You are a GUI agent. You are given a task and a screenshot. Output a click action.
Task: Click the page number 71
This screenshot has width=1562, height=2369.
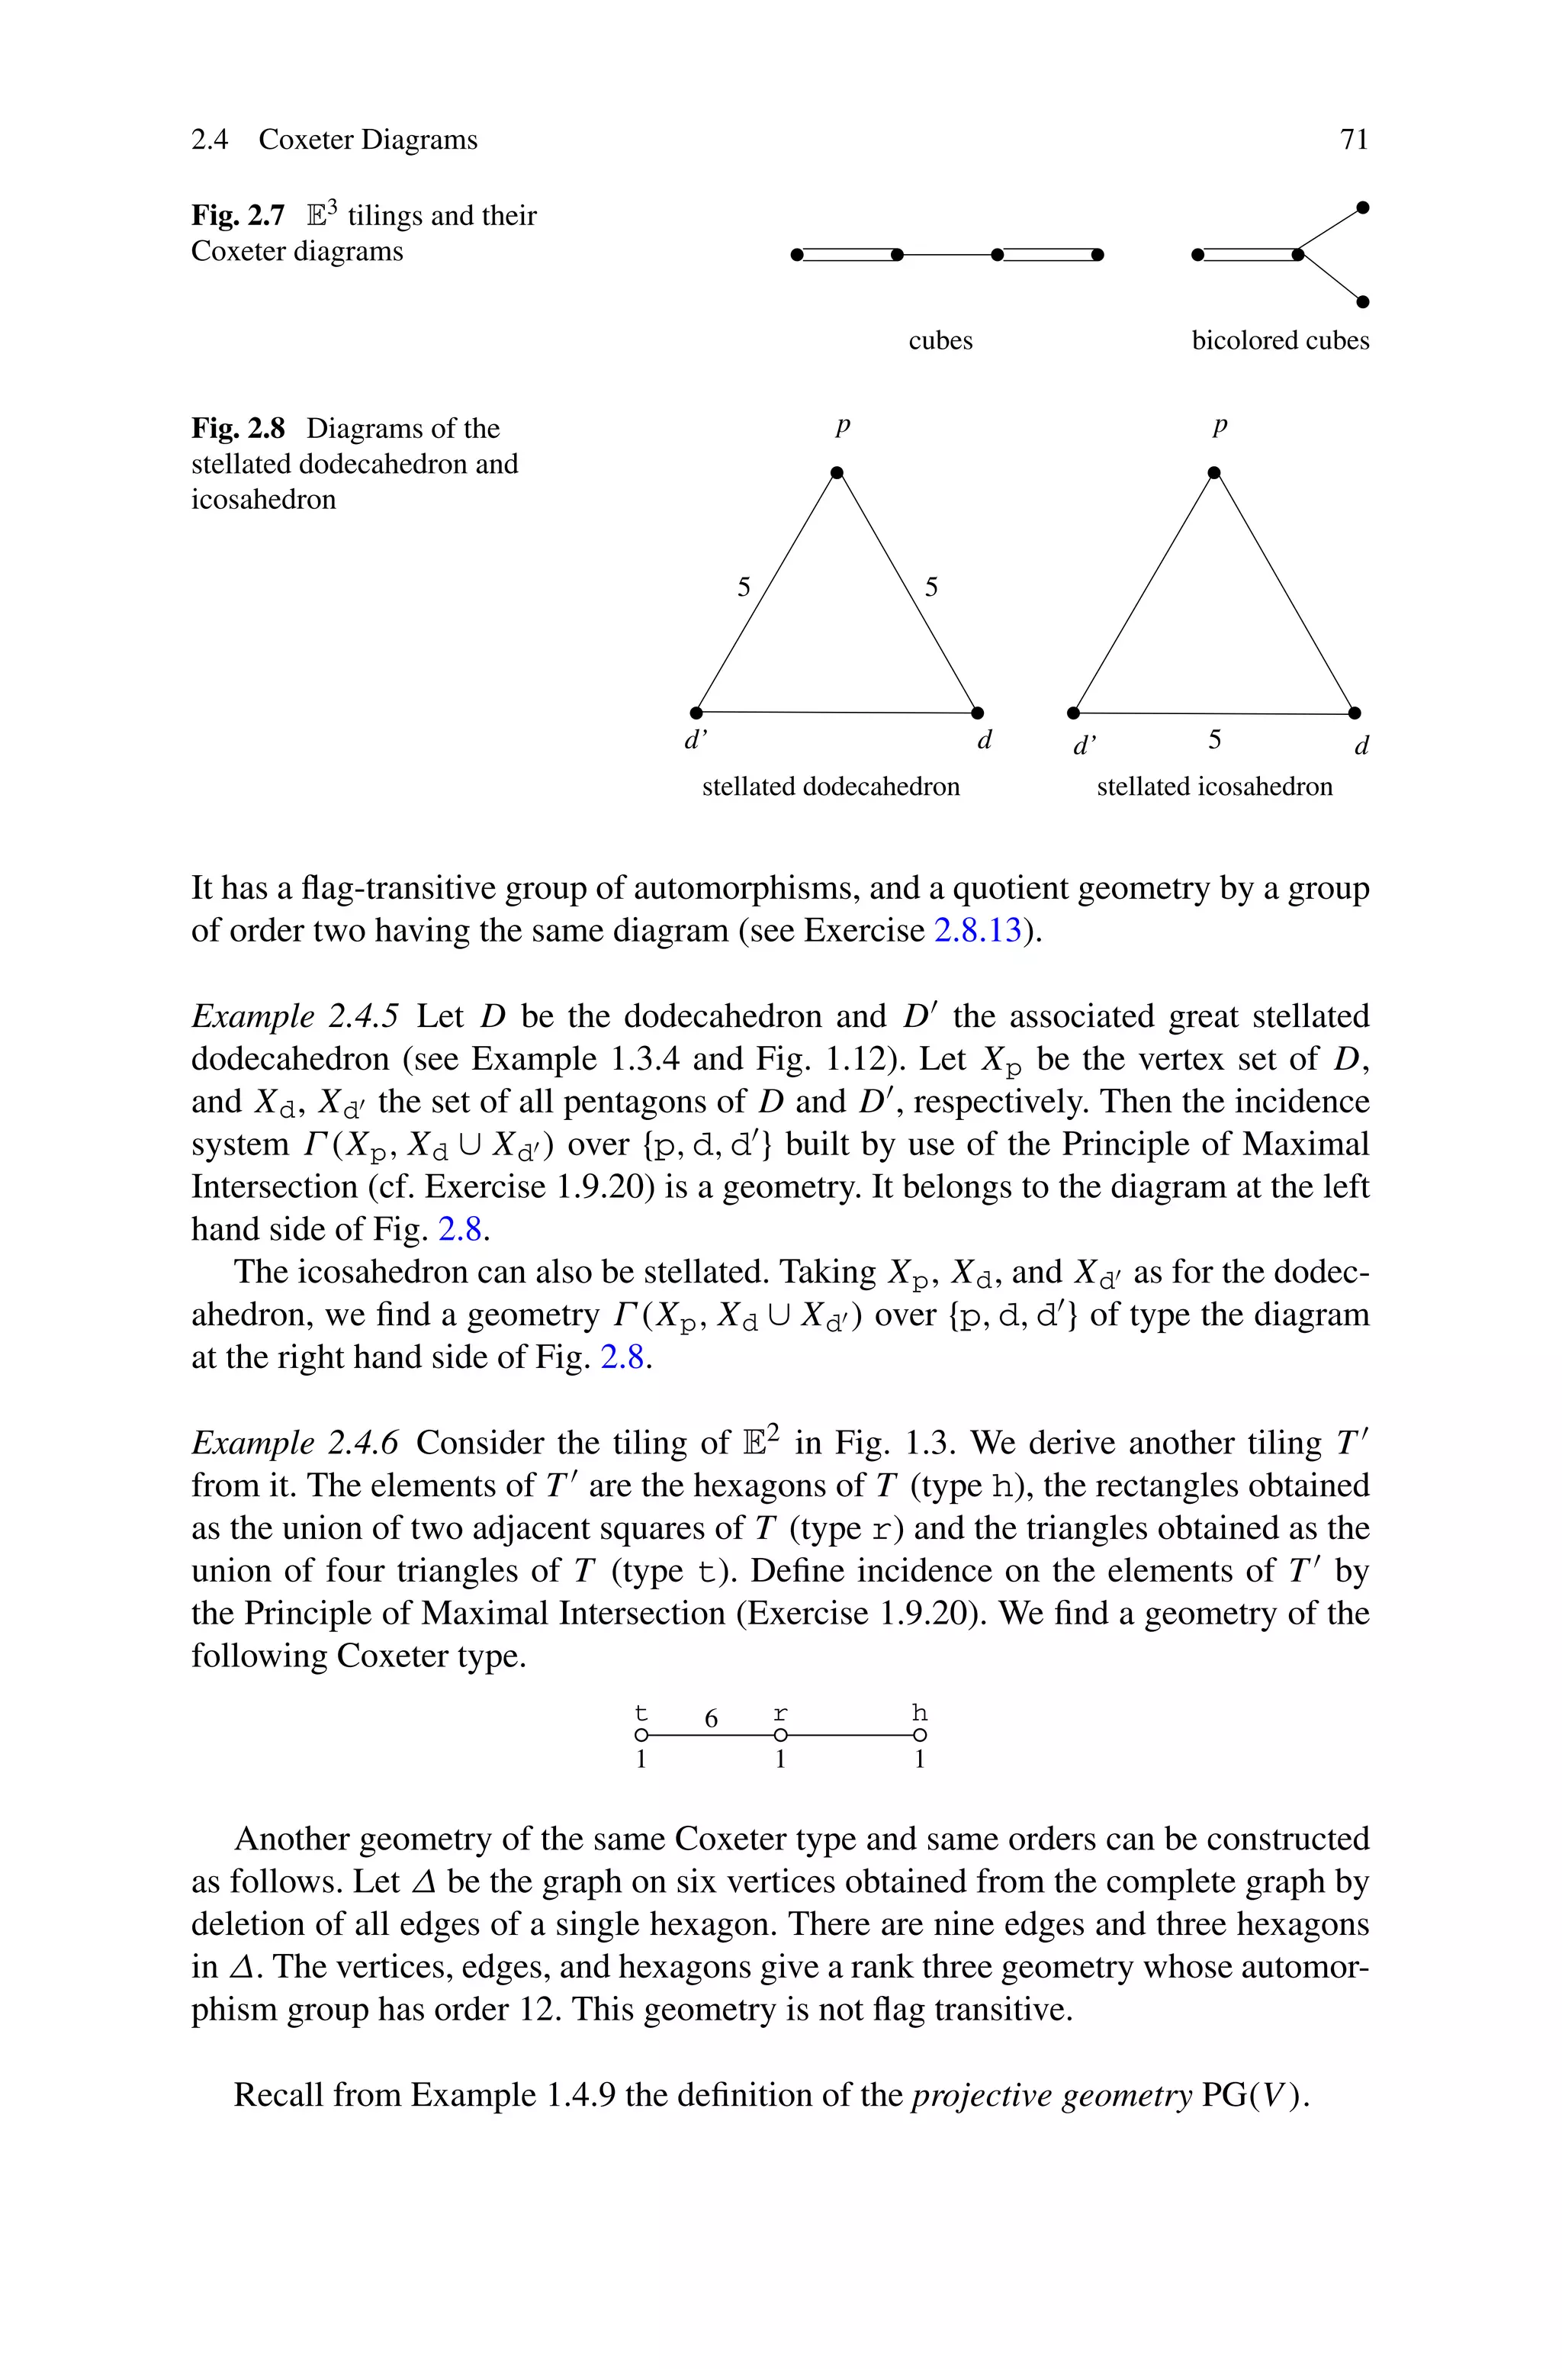[1354, 140]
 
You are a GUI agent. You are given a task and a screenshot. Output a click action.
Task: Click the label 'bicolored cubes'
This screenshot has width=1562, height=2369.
[1280, 341]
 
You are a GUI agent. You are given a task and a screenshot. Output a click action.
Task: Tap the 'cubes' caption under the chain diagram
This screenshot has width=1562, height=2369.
[940, 341]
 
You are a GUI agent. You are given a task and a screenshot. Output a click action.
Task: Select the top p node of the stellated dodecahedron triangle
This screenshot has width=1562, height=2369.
[837, 472]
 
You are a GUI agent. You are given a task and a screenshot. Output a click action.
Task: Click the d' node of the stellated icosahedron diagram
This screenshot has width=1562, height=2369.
[1073, 713]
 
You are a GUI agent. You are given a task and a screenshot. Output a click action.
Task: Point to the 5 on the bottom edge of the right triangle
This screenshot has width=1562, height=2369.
[1214, 739]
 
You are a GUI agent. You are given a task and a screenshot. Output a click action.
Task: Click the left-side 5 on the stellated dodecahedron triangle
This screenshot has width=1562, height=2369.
[743, 587]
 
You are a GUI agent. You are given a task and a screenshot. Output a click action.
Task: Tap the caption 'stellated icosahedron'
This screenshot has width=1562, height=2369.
[1213, 787]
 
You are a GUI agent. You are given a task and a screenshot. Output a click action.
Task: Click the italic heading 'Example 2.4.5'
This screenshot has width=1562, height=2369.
[295, 1016]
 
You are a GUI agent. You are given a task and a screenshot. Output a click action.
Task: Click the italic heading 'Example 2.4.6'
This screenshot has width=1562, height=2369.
[295, 1443]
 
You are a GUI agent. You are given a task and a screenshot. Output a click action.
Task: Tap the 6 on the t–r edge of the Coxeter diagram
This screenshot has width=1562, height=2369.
[710, 1718]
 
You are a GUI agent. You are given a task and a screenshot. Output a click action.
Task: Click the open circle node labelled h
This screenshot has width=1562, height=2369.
[920, 1737]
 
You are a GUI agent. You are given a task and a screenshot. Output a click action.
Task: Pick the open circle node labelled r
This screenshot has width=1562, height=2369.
[780, 1737]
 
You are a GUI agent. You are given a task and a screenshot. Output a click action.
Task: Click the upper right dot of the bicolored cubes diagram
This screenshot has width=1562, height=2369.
[1363, 208]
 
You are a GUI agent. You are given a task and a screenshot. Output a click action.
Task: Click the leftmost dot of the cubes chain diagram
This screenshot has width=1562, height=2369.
[796, 255]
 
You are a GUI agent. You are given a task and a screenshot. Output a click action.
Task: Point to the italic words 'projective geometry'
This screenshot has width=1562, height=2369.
[1051, 2095]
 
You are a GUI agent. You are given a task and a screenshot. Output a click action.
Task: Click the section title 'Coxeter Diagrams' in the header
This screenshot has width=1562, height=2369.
[368, 140]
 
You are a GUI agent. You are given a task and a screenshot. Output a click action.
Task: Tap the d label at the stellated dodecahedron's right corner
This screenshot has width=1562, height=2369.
[984, 740]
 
